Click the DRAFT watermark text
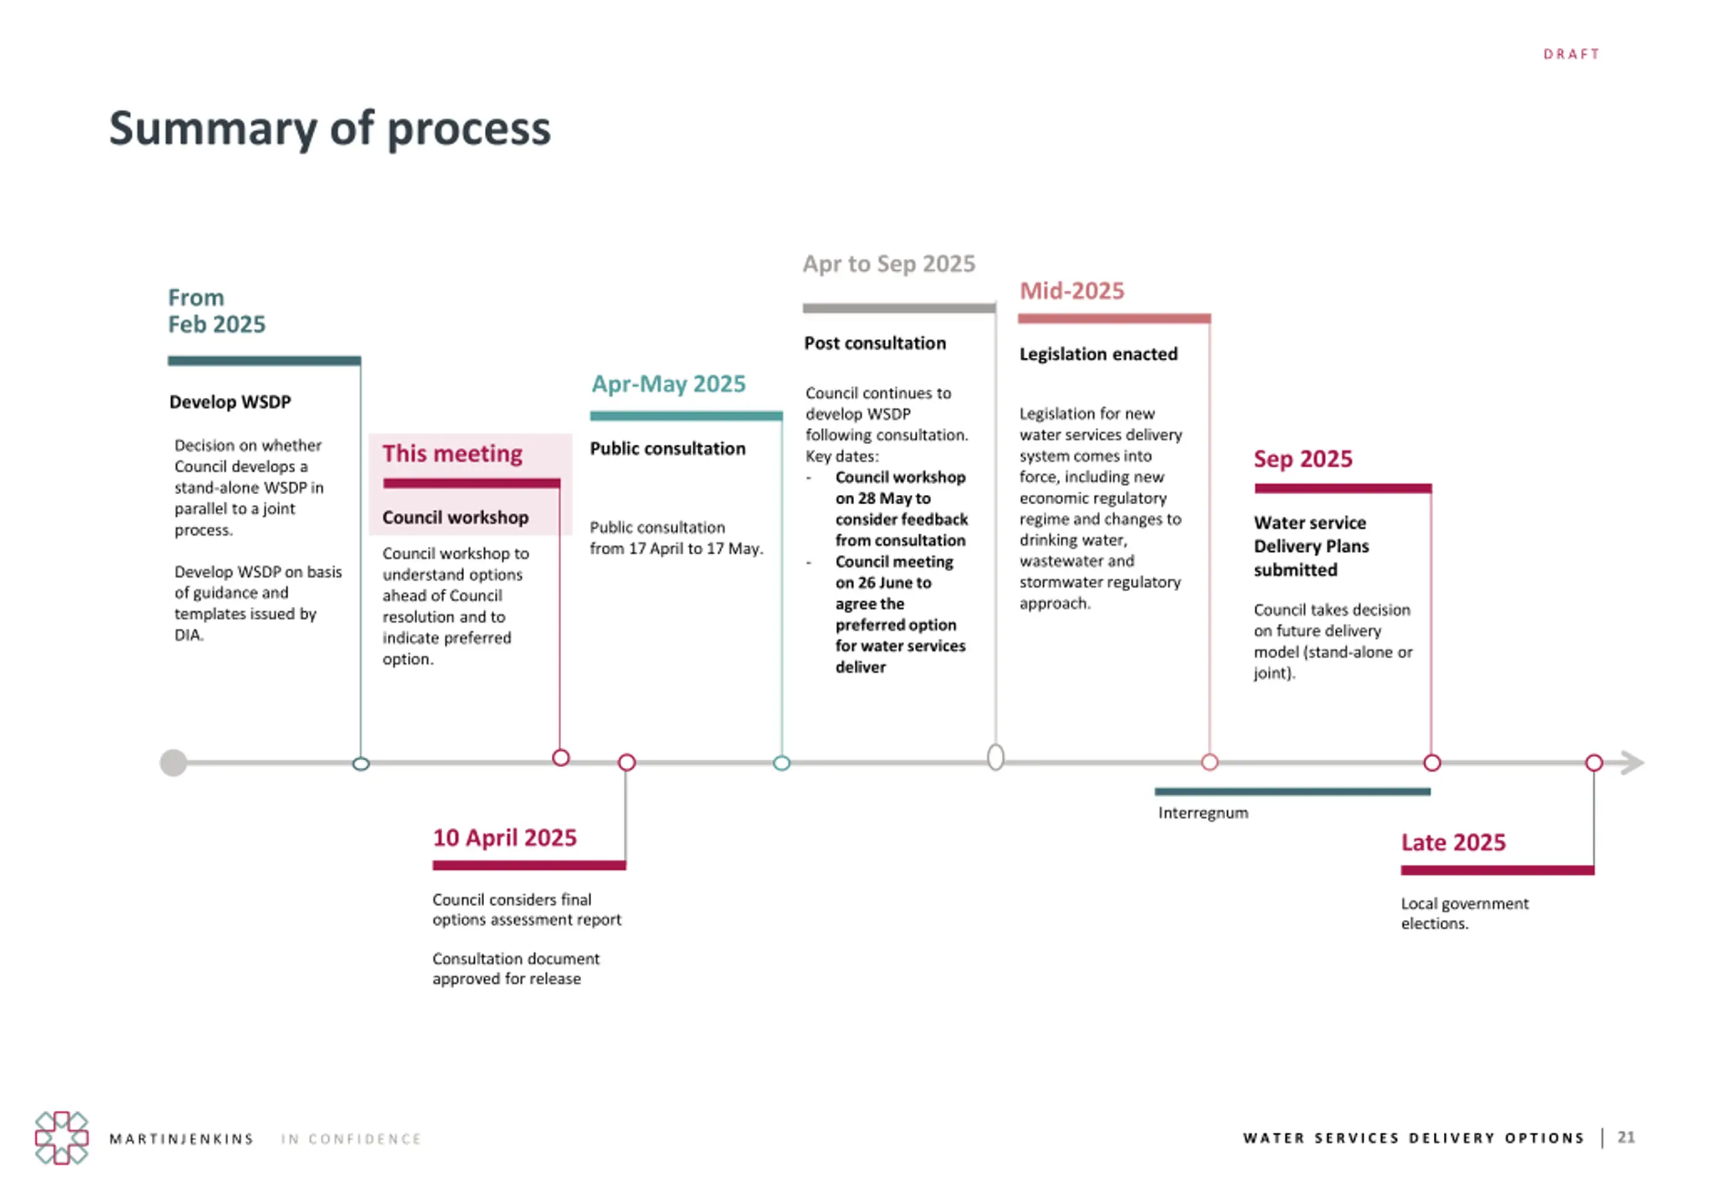pos(1571,54)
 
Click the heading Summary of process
pos(330,128)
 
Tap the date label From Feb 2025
pos(216,311)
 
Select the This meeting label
pos(452,453)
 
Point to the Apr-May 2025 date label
pos(668,384)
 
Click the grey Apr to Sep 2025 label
pos(889,263)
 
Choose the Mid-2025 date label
pos(1071,290)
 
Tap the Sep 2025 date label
pos(1302,459)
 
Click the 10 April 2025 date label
pos(504,837)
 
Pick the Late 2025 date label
pos(1453,842)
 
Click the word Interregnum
pos(1202,813)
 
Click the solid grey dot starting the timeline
pos(174,762)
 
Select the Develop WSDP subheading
pos(230,402)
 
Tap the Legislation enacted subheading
pos(1098,354)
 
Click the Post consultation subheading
pos(875,343)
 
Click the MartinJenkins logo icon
pos(62,1138)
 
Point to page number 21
pos(1626,1138)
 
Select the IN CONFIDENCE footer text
pos(351,1139)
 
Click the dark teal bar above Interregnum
pos(1292,792)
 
